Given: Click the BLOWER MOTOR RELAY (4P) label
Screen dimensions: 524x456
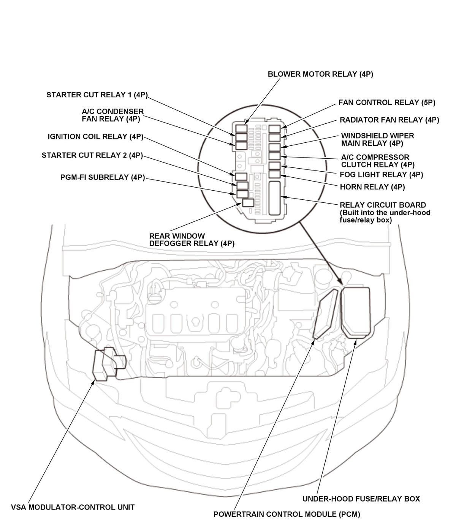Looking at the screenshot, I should pyautogui.click(x=320, y=74).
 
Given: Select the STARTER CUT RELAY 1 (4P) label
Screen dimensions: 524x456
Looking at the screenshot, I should pyautogui.click(x=97, y=95).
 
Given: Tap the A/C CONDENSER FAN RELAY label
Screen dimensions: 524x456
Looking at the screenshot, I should pyautogui.click(x=112, y=115).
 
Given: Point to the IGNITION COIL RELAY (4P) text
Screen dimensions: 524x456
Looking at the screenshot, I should pyautogui.click(x=95, y=137).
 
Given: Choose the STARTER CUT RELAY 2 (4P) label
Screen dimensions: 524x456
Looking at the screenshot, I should pyautogui.click(x=92, y=155).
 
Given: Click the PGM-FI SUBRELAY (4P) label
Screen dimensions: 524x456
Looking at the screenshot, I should pyautogui.click(x=103, y=177).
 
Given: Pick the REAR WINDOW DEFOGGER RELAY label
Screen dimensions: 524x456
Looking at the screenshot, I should pyautogui.click(x=192, y=240).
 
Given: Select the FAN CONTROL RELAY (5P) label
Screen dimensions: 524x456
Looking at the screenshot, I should pyautogui.click(x=387, y=103).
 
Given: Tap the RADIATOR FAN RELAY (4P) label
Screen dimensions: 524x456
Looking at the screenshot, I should pyautogui.click(x=389, y=120).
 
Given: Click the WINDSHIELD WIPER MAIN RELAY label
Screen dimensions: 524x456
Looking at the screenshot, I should pyautogui.click(x=377, y=139).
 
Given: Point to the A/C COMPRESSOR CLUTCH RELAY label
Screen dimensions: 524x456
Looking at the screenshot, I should pyautogui.click(x=377, y=161).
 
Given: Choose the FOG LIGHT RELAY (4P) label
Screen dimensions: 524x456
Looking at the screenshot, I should pyautogui.click(x=381, y=175).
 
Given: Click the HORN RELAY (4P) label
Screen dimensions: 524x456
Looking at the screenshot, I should pyautogui.click(x=372, y=187).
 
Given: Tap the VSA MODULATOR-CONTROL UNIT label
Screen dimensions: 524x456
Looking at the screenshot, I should pyautogui.click(x=73, y=507).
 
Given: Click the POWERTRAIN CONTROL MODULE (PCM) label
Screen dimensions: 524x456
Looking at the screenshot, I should pyautogui.click(x=287, y=515).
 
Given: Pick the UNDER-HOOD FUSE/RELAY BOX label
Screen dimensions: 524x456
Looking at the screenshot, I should pyautogui.click(x=361, y=499).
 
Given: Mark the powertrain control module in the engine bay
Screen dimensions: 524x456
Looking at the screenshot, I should pyautogui.click(x=326, y=313).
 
